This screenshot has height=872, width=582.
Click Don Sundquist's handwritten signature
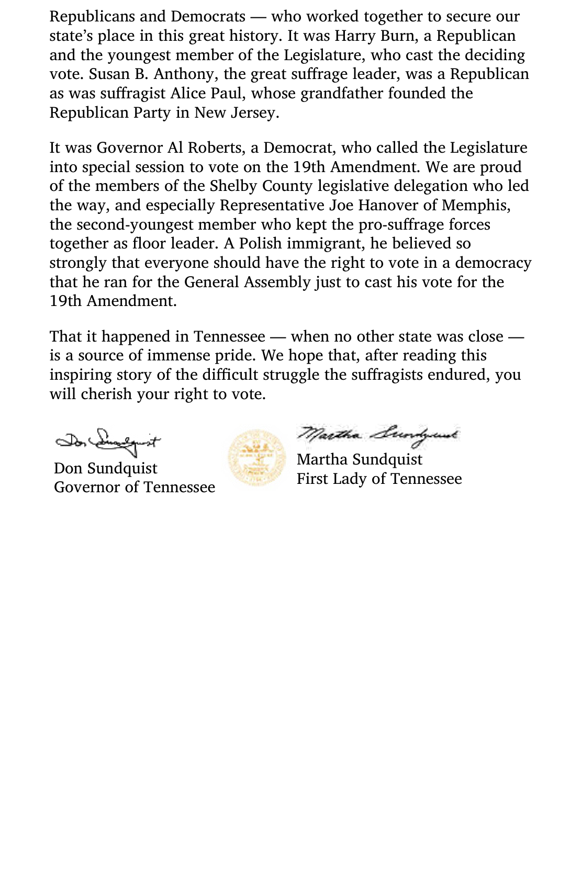[108, 441]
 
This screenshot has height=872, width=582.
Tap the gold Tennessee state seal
[256, 458]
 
